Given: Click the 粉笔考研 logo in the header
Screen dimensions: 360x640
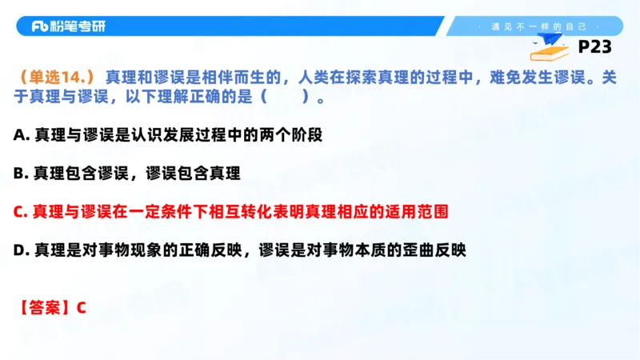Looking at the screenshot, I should [x=68, y=26].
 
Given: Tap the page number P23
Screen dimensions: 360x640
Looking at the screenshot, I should [x=594, y=47].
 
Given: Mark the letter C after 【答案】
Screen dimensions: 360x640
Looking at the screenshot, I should [x=81, y=307].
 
